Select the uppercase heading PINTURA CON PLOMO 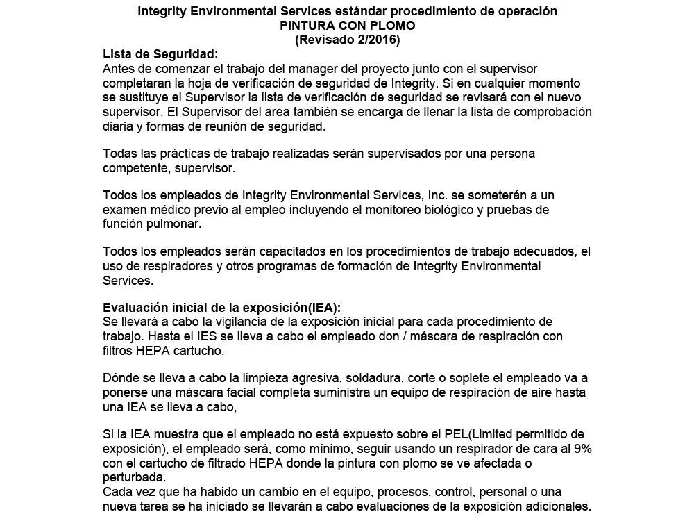(x=347, y=26)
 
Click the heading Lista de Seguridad (x=160, y=55)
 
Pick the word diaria (x=119, y=126)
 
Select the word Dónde (x=121, y=378)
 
